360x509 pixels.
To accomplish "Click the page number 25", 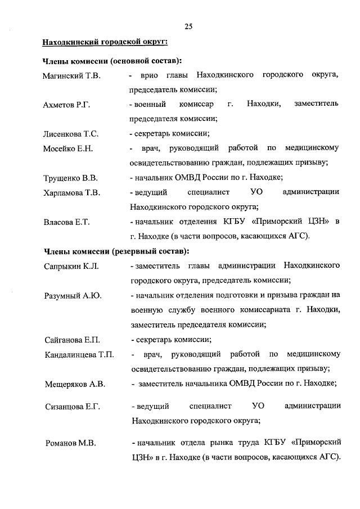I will [x=188, y=26].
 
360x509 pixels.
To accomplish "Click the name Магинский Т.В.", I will [x=71, y=76].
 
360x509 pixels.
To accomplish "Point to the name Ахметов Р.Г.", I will [x=67, y=105].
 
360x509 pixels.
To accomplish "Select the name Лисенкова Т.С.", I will [x=71, y=134].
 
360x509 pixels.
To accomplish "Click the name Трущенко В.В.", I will [x=70, y=178].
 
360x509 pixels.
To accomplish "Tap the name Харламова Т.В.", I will [x=72, y=193].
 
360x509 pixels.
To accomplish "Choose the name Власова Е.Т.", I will [x=66, y=222].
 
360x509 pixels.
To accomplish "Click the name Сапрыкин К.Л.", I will [x=71, y=265].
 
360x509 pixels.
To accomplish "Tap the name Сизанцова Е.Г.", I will [x=72, y=406].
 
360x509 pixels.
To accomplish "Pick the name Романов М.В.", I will [x=70, y=443].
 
